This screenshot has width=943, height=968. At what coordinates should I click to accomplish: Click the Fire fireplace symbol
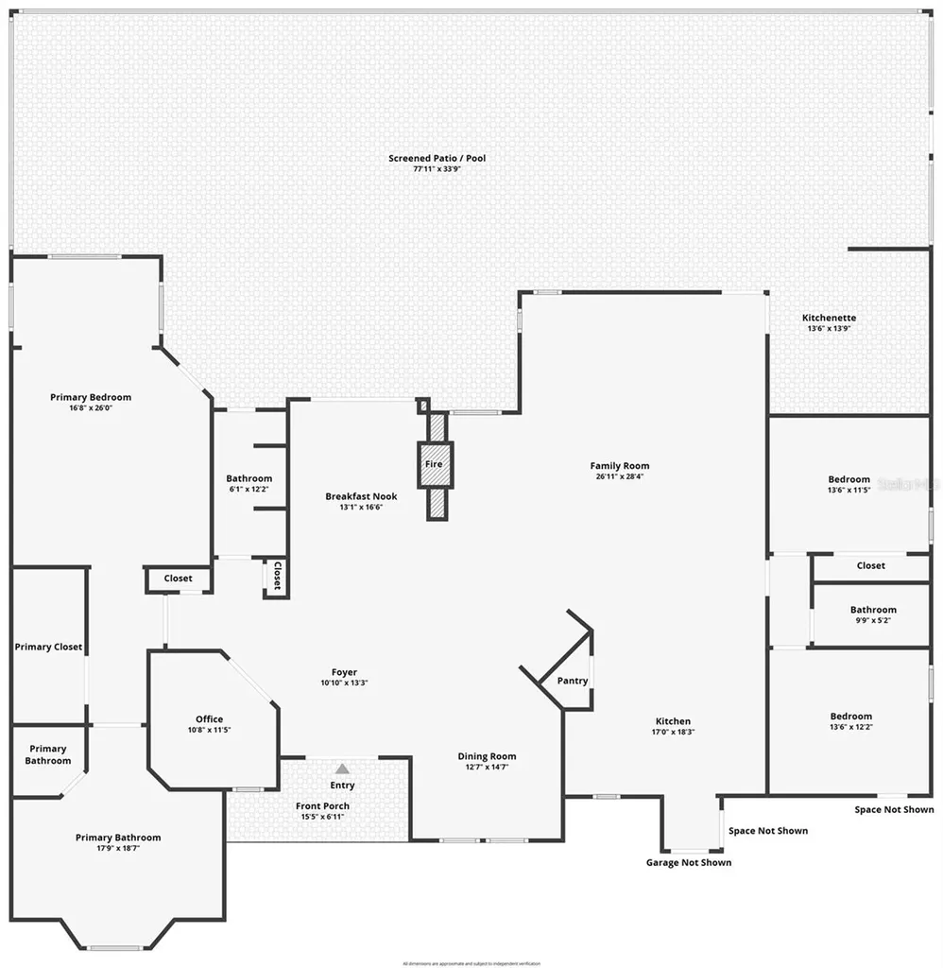pyautogui.click(x=435, y=464)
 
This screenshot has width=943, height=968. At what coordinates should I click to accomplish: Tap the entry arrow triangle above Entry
pyautogui.click(x=342, y=769)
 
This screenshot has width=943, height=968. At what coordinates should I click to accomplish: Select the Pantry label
pyautogui.click(x=573, y=681)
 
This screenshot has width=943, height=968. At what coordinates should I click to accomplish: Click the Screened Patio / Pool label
pyautogui.click(x=437, y=158)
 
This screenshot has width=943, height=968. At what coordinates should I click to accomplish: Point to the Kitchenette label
pyautogui.click(x=829, y=318)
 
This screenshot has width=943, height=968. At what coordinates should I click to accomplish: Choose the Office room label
pyautogui.click(x=209, y=719)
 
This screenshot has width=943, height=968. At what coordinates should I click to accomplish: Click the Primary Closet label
pyautogui.click(x=48, y=648)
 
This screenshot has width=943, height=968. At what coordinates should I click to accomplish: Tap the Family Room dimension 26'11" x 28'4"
pyautogui.click(x=620, y=477)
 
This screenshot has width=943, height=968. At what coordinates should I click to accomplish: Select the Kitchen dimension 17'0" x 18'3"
pyautogui.click(x=673, y=733)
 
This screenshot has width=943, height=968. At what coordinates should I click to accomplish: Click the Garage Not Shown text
pyautogui.click(x=688, y=862)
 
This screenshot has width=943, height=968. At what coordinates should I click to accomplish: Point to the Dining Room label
pyautogui.click(x=487, y=756)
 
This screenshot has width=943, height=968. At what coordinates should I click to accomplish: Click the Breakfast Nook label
pyautogui.click(x=361, y=496)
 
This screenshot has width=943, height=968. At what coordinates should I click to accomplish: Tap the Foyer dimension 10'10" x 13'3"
pyautogui.click(x=344, y=683)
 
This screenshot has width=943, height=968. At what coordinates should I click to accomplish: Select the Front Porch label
pyautogui.click(x=322, y=806)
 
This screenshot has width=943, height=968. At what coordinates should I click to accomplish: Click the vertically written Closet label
pyautogui.click(x=277, y=577)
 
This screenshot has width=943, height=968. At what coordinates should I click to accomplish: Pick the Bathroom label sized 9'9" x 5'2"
pyautogui.click(x=872, y=610)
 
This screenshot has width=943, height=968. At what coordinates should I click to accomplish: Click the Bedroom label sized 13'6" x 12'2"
pyautogui.click(x=850, y=717)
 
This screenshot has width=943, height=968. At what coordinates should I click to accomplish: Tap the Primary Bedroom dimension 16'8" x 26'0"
pyautogui.click(x=91, y=408)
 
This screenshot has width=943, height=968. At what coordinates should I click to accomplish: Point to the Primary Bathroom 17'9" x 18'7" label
pyautogui.click(x=118, y=838)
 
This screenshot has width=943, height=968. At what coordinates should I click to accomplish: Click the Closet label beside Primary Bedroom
pyautogui.click(x=178, y=579)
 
